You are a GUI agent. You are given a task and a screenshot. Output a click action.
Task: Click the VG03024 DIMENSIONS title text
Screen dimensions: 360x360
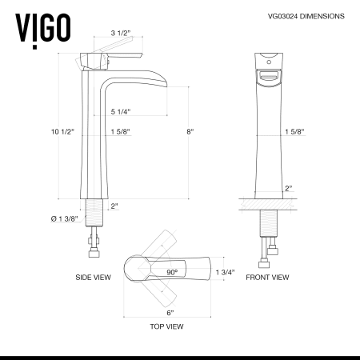coord(300,16)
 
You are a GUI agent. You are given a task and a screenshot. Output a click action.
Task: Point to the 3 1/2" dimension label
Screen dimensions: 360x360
coord(120,34)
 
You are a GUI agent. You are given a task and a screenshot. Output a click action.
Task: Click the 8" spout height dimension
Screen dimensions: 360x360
coord(190,131)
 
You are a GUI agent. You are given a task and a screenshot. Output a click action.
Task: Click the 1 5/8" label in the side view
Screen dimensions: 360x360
coord(121,131)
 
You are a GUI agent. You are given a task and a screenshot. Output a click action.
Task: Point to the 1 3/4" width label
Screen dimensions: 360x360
coord(226,273)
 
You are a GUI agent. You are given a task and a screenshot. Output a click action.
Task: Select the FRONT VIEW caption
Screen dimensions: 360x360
coord(267,278)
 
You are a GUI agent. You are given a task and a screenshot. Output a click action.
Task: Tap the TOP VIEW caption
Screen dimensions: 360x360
coord(167,326)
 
